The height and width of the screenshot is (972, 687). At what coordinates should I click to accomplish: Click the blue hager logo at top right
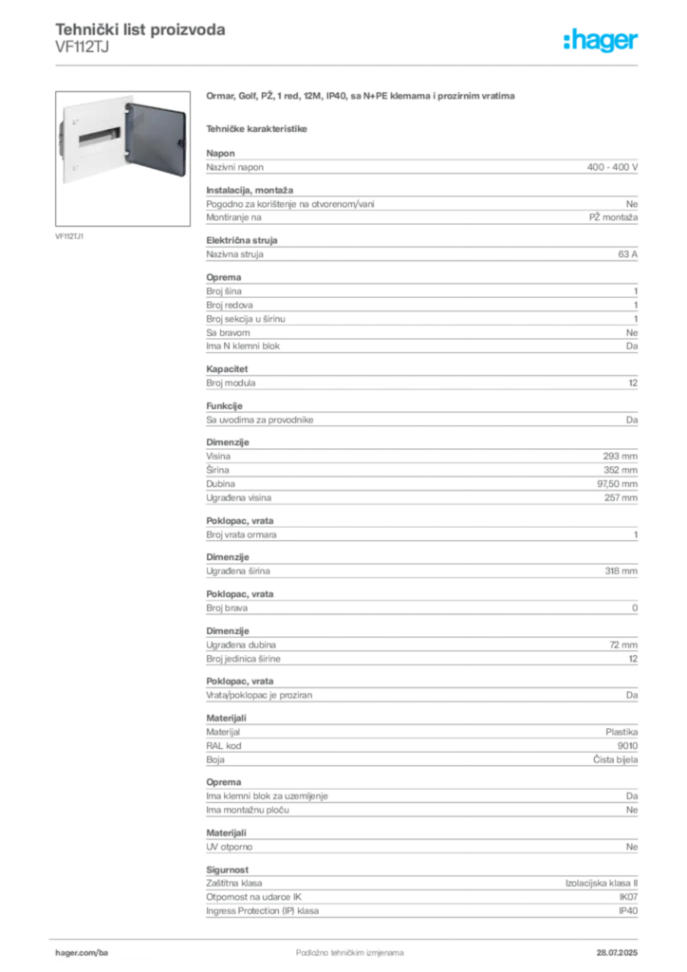pyautogui.click(x=602, y=40)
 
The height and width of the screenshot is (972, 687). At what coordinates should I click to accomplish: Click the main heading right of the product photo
pyautogui.click(x=361, y=97)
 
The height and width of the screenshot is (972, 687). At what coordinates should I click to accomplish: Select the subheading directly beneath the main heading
pyautogui.click(x=259, y=127)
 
